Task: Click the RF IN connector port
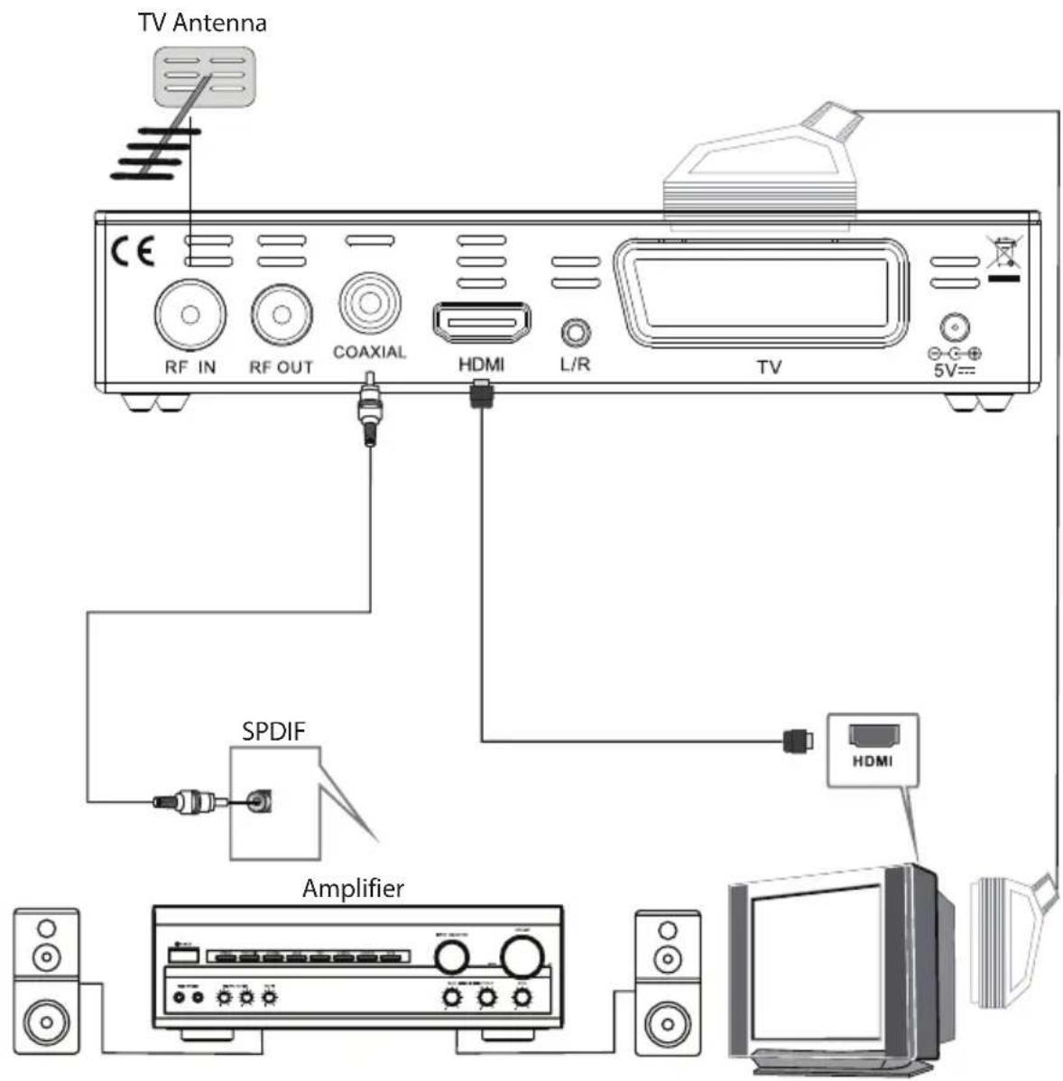click(189, 315)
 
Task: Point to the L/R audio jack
click(576, 332)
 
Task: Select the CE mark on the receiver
click(133, 251)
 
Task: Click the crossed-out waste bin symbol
click(1003, 253)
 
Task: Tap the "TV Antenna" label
click(202, 23)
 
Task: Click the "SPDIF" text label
click(273, 731)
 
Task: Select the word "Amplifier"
click(353, 888)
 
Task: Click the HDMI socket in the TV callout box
click(873, 735)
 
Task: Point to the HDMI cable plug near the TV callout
click(797, 741)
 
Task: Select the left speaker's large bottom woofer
click(45, 1021)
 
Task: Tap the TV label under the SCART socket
click(769, 367)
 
